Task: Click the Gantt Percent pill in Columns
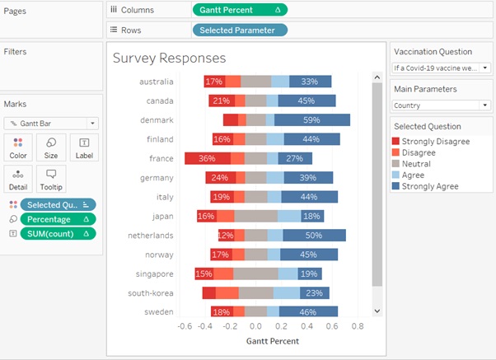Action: pos(239,10)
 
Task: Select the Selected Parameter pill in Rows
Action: pos(239,30)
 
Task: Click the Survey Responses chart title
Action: pos(169,58)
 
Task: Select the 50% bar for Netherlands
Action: pos(314,235)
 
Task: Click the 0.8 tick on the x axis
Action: pos(357,325)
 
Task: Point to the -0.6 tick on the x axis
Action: pos(185,325)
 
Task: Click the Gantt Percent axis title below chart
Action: pos(272,341)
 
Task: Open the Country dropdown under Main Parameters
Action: pos(441,105)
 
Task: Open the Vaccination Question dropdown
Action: pos(441,68)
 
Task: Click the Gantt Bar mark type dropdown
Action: pos(50,123)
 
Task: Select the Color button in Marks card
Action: pos(18,147)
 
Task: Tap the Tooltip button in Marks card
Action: pos(51,180)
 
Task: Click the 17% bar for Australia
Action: pos(215,82)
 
